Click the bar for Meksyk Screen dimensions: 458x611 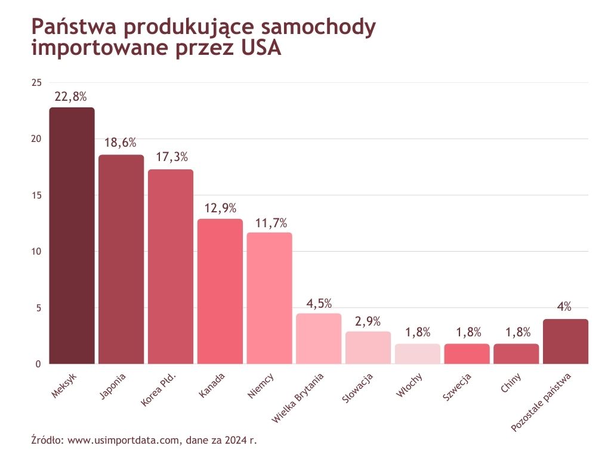coord(72,236)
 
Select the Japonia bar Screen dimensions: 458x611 coord(121,259)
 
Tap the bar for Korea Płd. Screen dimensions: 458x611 coord(171,267)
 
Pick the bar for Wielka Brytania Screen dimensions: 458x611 coord(319,338)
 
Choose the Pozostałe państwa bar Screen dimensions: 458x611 coord(566,341)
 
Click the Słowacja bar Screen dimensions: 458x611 coord(368,348)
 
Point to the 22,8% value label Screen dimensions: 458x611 coord(71,97)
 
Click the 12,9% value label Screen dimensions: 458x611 coord(220,208)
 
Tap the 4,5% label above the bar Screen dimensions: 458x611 coord(319,303)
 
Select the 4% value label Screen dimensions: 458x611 coord(564,308)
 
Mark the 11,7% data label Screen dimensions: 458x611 coord(269,223)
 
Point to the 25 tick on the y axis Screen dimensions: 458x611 coord(36,82)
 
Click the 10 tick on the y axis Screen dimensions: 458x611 coord(36,252)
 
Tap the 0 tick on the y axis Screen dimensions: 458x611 coord(39,364)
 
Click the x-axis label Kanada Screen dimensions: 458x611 coord(212,386)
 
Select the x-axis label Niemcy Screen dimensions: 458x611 coord(261,386)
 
